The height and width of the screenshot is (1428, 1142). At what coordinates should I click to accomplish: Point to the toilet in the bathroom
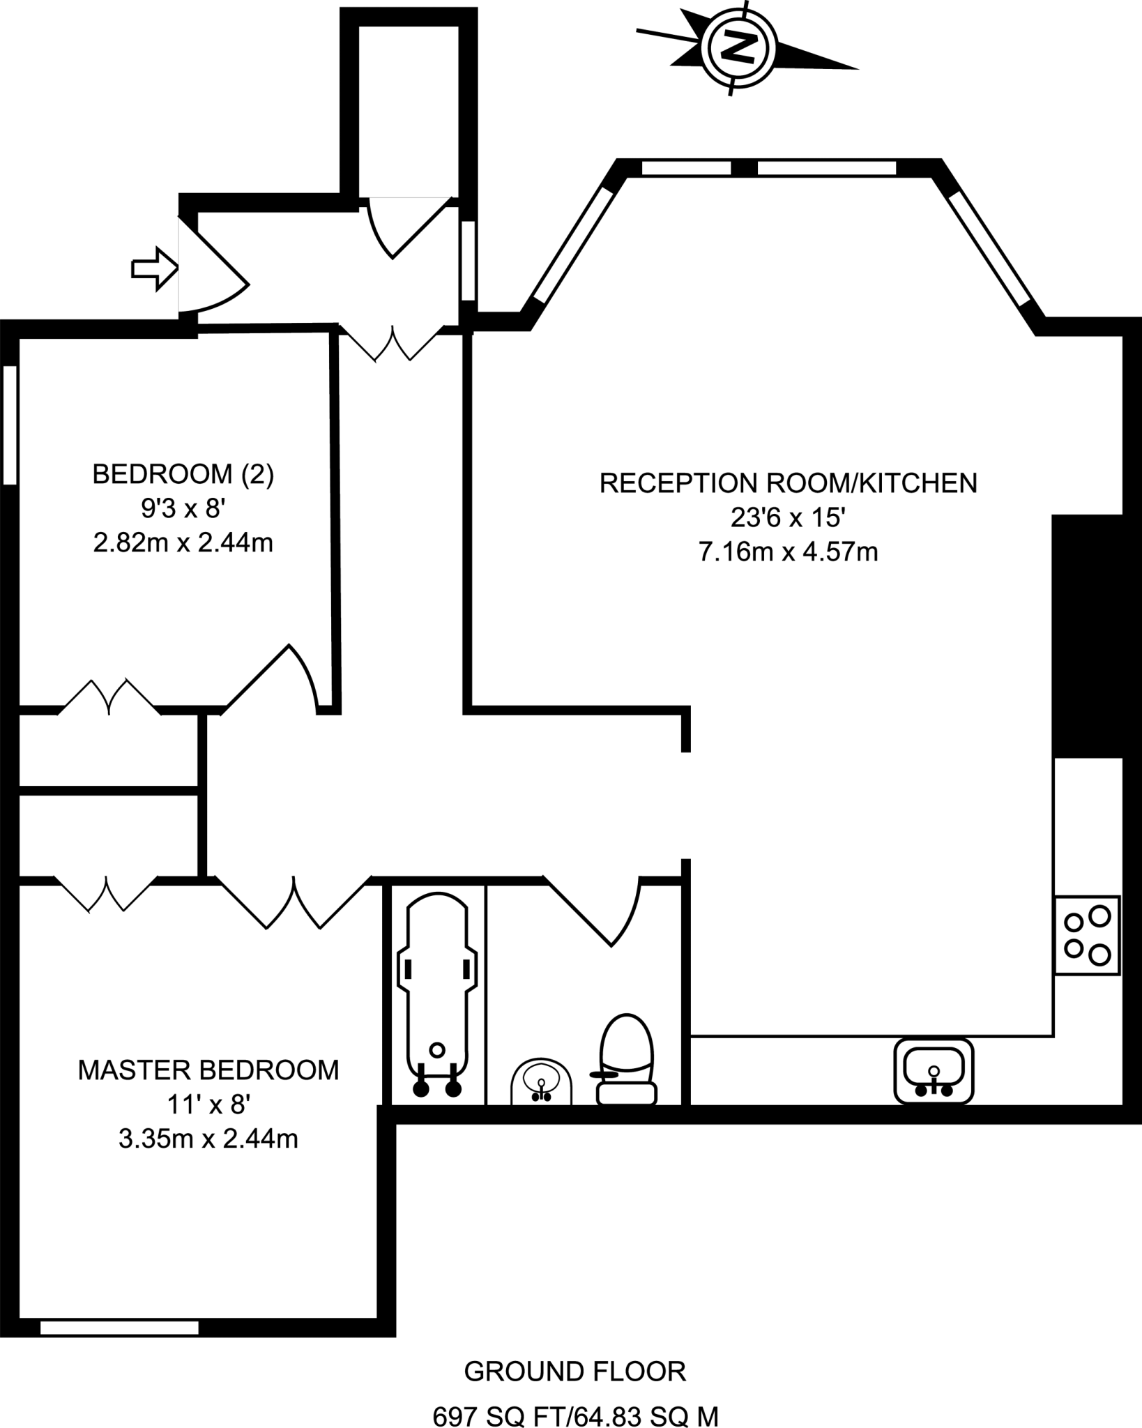tap(627, 1059)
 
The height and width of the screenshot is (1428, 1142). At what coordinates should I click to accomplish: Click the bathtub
tap(437, 997)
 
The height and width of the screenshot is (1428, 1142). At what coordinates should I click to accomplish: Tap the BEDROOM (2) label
tap(183, 475)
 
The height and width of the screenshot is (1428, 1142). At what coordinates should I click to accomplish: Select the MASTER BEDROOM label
tap(208, 1070)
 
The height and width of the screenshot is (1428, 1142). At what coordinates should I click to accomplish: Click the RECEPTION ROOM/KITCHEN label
tap(788, 483)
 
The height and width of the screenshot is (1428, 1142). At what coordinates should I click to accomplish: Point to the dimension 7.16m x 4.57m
tap(788, 553)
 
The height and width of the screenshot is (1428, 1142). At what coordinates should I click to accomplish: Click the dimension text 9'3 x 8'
tap(183, 509)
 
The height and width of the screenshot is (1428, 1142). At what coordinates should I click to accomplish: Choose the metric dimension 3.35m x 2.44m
tap(208, 1139)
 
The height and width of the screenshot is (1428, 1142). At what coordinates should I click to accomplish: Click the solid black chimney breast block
tap(1087, 635)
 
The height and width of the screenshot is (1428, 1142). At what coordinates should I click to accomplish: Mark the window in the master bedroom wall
tap(119, 1328)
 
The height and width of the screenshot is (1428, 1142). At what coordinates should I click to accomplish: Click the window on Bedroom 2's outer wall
tap(10, 425)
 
